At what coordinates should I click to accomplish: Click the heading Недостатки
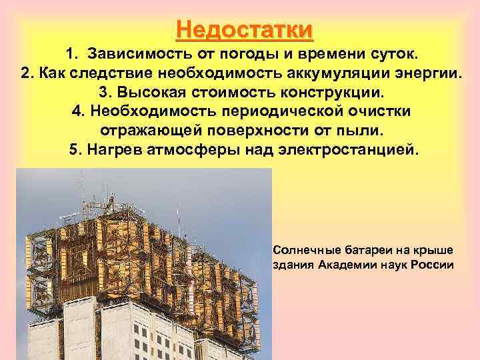tap(245, 30)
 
